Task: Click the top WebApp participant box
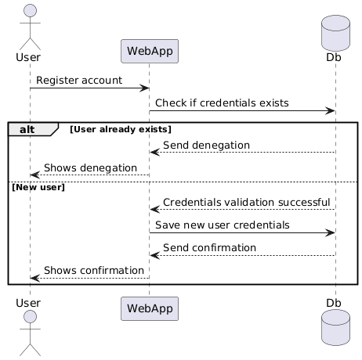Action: (x=149, y=52)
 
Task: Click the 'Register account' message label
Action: (x=78, y=80)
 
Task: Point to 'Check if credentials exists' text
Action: (x=222, y=103)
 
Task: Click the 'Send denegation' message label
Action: (x=206, y=145)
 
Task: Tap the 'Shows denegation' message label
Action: (x=90, y=168)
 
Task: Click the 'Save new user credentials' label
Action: (x=222, y=225)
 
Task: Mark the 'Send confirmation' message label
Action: (x=209, y=248)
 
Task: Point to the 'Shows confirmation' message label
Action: (x=94, y=271)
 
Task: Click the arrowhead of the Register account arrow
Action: (x=145, y=88)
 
